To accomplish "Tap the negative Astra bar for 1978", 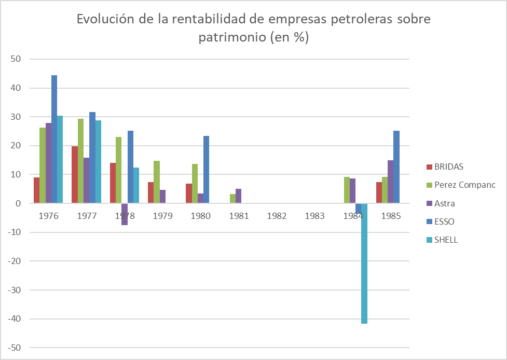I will click(125, 214).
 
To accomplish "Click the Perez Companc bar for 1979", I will click(157, 182).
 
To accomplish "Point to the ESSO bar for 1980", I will click(206, 170).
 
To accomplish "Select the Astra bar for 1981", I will click(238, 196).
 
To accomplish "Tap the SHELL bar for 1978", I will click(136, 186).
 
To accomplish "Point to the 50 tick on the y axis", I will click(15, 59).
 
